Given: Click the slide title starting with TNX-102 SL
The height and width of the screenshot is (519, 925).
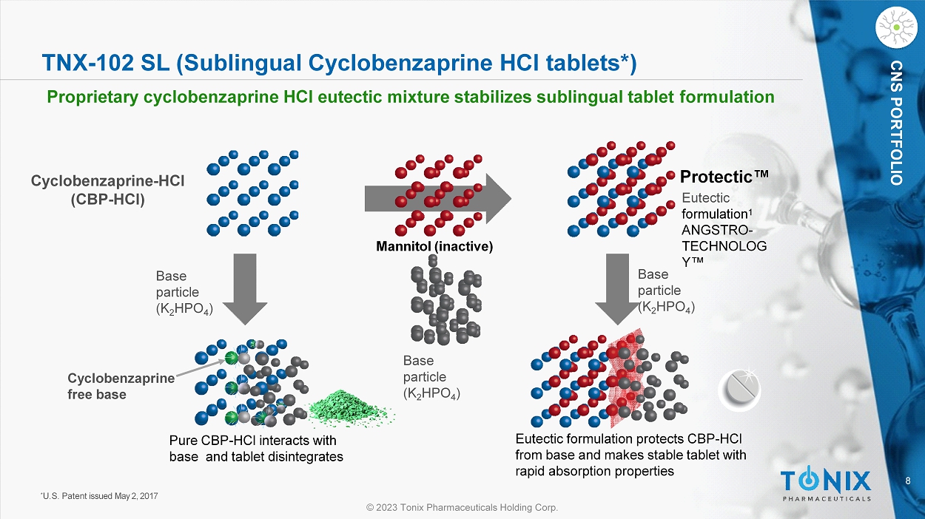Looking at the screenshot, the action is [x=339, y=63].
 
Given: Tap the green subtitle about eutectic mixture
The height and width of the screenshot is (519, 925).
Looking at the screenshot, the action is [x=411, y=98].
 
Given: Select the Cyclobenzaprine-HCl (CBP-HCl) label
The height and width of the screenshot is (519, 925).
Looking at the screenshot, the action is [x=108, y=190].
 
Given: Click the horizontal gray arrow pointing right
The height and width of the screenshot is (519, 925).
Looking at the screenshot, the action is [x=438, y=199].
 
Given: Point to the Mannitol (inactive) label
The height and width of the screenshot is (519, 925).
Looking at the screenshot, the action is [x=434, y=246].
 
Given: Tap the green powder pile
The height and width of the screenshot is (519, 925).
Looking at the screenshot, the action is [x=351, y=407].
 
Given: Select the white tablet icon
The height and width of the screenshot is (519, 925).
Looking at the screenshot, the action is [x=739, y=390].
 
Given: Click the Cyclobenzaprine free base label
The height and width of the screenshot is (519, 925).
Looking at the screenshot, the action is [x=121, y=386].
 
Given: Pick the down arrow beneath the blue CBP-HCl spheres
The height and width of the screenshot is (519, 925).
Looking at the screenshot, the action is [x=245, y=289].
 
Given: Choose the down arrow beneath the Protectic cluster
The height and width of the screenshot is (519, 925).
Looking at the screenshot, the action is [x=617, y=289].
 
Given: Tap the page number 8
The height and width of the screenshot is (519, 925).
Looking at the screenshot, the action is [x=908, y=481].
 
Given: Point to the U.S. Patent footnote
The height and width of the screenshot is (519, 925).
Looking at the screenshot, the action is [x=99, y=496].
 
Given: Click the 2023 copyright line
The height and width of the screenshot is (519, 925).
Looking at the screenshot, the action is [x=462, y=507].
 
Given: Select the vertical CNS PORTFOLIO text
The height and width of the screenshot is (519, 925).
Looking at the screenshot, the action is [x=896, y=123].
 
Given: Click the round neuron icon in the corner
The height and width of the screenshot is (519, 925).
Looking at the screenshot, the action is [x=896, y=27].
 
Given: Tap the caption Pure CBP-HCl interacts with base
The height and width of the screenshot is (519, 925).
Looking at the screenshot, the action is [x=256, y=449].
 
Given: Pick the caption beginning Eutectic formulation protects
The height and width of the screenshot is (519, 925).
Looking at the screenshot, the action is [x=630, y=455].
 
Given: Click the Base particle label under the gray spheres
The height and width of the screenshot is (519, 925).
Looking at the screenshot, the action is [x=431, y=377].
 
